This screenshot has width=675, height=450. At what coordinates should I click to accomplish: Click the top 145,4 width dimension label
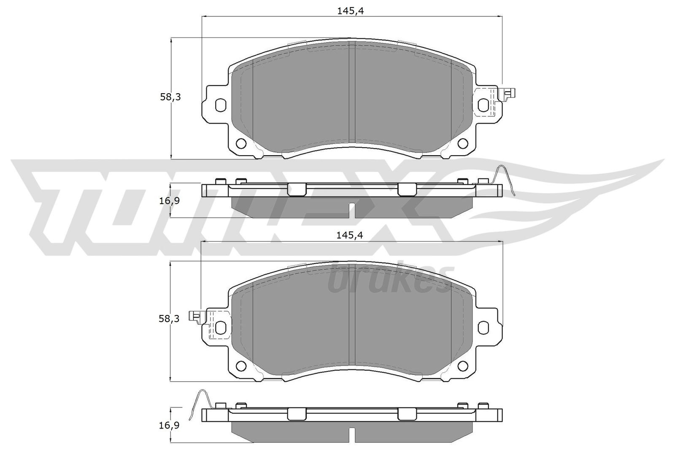(x=350, y=11)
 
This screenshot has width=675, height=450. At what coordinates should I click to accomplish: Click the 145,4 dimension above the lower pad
(x=350, y=236)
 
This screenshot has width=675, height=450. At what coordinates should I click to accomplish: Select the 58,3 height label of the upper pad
(x=170, y=97)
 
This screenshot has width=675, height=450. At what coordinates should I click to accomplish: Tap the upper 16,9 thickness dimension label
(x=170, y=201)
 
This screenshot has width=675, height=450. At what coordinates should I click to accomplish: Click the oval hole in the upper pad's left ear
(x=220, y=105)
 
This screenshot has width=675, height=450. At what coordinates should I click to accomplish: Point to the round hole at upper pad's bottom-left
(x=241, y=144)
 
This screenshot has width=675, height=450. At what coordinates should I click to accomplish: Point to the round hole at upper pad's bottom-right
(x=464, y=144)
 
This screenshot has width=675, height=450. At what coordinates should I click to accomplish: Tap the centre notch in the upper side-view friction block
(x=352, y=210)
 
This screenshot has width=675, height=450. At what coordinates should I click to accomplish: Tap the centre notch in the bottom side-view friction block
(x=352, y=434)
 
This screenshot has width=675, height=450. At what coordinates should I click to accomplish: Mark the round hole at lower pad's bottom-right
(x=464, y=365)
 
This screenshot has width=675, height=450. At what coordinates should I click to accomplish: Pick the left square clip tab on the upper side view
(x=297, y=189)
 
